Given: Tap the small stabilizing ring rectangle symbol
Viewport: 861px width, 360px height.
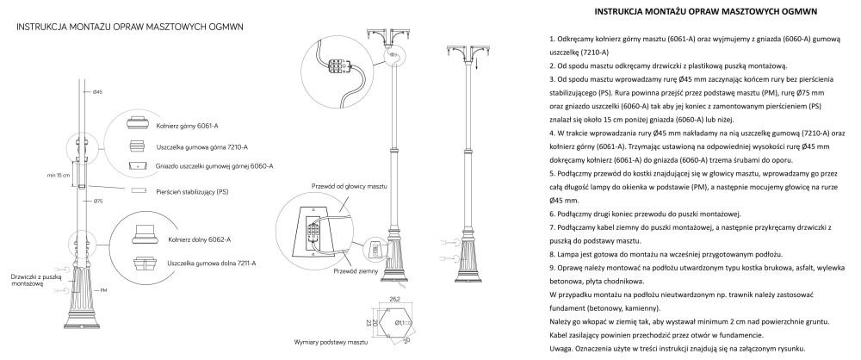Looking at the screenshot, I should pyautogui.click(x=137, y=190).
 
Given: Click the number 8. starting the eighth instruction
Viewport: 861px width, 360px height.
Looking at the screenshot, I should pyautogui.click(x=550, y=255).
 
